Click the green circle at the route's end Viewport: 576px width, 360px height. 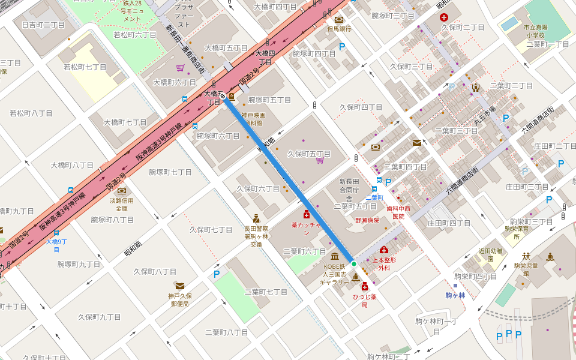pos(354,264)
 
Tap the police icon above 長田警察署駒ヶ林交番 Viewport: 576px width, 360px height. pos(256,219)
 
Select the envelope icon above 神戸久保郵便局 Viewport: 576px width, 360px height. pos(179,286)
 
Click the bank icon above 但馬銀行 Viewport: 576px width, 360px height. pos(339,19)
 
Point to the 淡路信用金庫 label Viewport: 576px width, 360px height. pos(122,205)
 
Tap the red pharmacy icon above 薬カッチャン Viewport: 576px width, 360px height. pos(307,214)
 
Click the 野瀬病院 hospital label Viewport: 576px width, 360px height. pos(367,221)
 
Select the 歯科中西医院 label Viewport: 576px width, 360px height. pos(398,212)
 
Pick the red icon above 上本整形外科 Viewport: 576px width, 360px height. pos(384,250)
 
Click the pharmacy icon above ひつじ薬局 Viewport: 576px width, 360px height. pos(364,287)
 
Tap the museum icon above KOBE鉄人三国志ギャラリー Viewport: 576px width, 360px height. pos(334,256)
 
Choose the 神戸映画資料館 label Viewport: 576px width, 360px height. pos(253,119)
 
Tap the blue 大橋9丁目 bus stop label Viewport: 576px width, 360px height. pos(56,242)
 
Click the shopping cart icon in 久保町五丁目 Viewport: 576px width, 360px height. pos(320,160)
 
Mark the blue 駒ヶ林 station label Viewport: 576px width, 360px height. pos(455,295)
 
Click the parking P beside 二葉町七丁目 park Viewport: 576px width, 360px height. pos(217,274)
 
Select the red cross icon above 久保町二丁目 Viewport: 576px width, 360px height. pos(444,18)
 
